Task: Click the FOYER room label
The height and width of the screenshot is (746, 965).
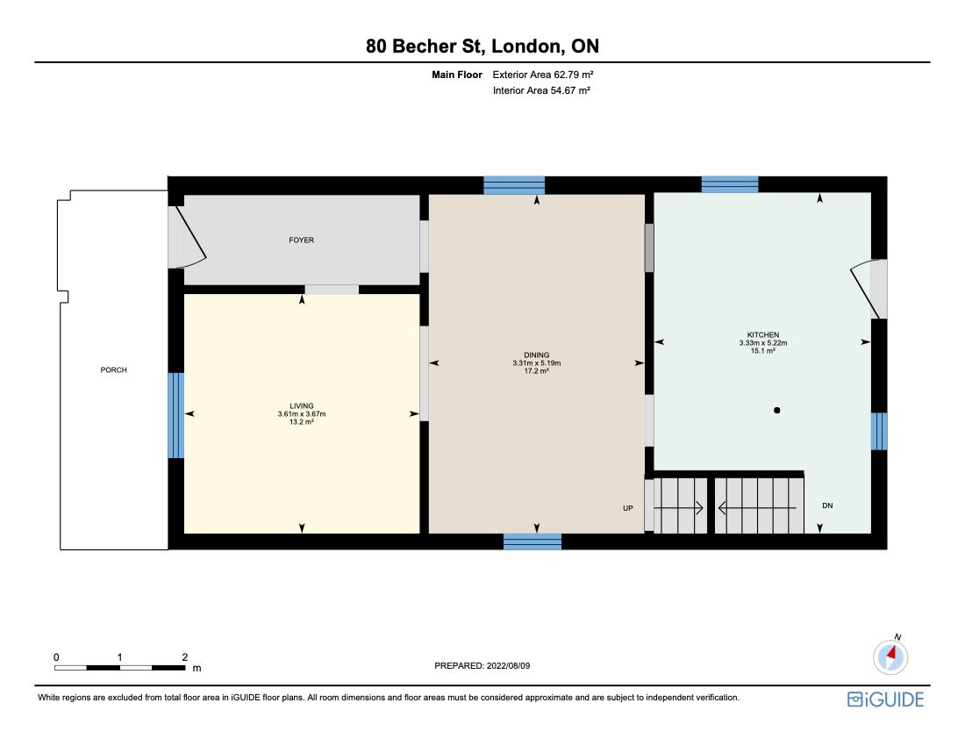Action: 301,240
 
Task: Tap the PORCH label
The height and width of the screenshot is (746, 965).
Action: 113,370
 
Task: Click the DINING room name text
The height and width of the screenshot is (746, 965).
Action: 536,355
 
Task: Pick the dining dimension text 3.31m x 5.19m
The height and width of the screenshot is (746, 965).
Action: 536,363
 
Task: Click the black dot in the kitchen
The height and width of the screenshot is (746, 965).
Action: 776,410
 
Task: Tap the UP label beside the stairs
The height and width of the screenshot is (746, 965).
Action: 628,507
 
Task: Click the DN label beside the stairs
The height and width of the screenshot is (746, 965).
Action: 827,506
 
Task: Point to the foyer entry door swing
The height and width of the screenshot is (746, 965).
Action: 191,237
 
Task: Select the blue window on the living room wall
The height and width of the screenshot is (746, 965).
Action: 176,415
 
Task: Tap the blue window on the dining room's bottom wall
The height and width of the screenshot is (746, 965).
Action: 533,542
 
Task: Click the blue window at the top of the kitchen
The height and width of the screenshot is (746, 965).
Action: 730,184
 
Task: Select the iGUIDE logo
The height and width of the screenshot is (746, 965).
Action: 885,699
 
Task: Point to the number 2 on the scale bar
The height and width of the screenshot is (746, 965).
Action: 185,656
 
